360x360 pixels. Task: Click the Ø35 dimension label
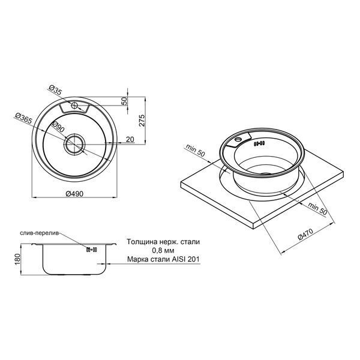(56, 89)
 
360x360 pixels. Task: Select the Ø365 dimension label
(23, 118)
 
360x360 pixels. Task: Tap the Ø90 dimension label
(58, 127)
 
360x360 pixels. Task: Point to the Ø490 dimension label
(74, 194)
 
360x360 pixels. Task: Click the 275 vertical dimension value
(142, 120)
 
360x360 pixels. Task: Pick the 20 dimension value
(130, 139)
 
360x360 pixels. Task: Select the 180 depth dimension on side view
(17, 259)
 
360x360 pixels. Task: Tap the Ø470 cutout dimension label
(305, 235)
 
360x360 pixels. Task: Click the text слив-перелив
(40, 233)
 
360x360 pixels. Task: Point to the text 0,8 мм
(163, 250)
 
